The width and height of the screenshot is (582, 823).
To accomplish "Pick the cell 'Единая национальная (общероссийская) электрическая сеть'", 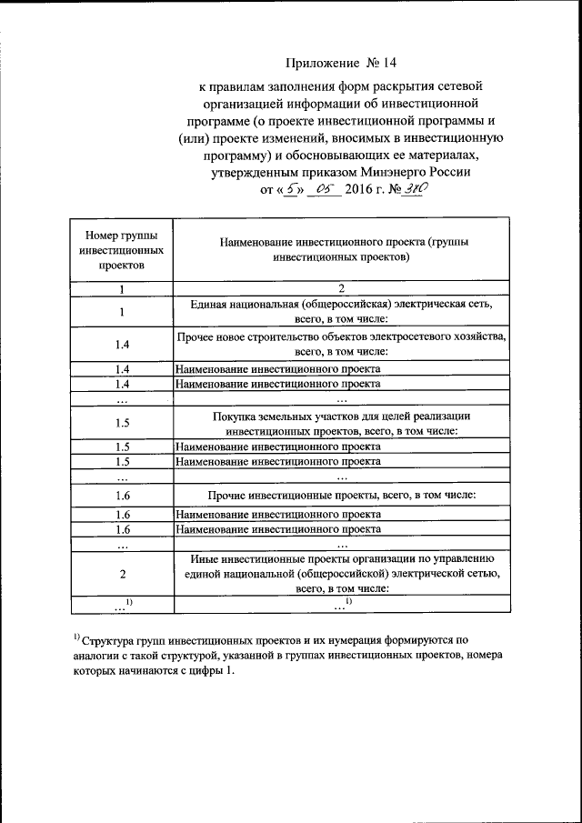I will click(341, 312).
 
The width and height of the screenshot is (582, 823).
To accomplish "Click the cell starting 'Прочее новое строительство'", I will click(341, 344).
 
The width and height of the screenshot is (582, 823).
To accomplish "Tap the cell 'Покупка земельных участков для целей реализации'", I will click(341, 422).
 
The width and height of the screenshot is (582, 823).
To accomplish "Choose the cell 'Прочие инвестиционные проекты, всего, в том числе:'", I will click(341, 495).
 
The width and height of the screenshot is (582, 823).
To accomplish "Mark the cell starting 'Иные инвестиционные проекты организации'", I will click(341, 573).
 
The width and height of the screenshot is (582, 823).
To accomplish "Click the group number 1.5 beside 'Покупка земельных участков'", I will click(123, 423).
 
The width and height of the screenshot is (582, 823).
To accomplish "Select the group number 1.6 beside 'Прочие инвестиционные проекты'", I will click(123, 495).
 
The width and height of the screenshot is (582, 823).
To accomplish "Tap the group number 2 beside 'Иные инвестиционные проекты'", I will click(123, 574).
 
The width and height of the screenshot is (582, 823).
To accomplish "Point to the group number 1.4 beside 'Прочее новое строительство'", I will click(123, 344).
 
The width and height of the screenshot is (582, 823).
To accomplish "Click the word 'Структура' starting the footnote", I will click(113, 640).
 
